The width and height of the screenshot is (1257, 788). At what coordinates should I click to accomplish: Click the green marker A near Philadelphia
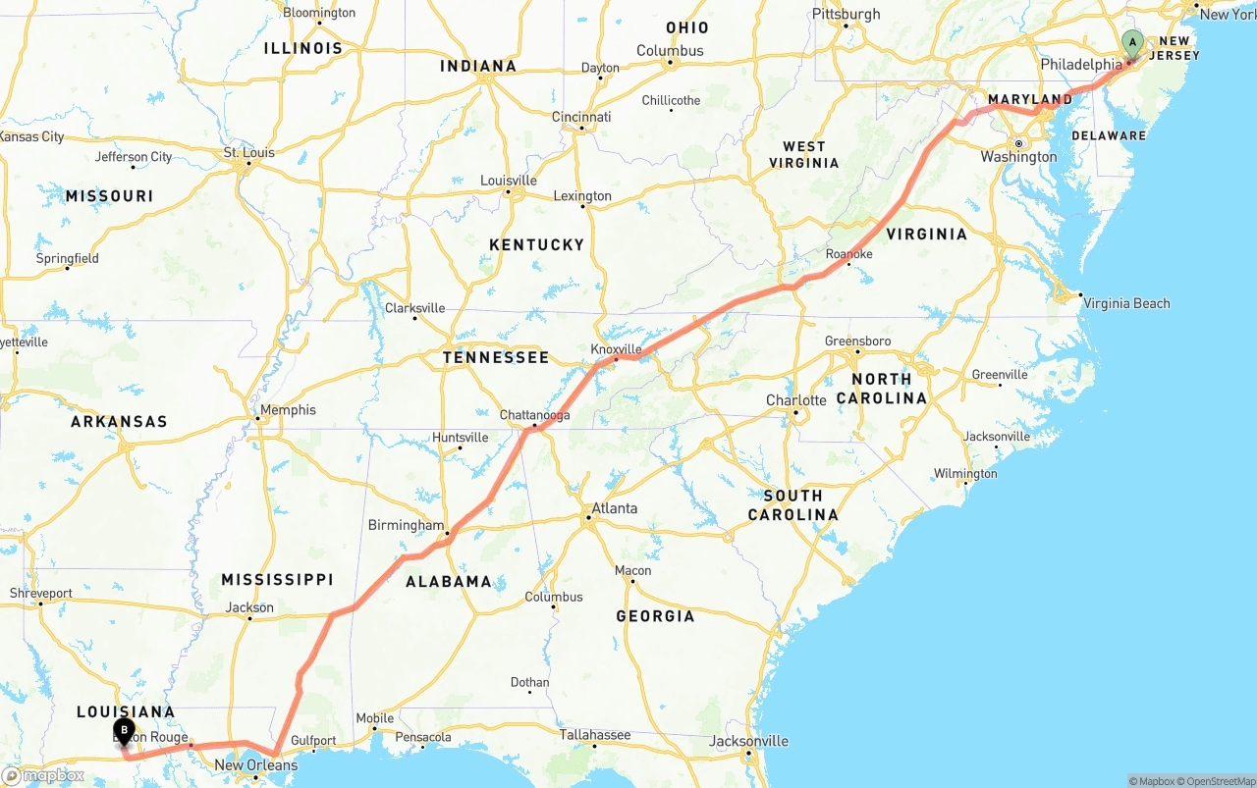tap(1132, 43)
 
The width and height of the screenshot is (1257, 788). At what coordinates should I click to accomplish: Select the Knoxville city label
tap(616, 349)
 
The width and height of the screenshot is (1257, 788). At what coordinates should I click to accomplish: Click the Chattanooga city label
tap(534, 415)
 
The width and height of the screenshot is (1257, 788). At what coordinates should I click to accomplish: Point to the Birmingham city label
tap(406, 525)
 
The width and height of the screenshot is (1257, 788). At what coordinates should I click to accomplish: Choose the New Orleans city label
tap(255, 765)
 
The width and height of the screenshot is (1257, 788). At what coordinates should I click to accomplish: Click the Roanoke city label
tap(848, 254)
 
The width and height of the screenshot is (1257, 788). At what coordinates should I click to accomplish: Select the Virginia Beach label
tap(1126, 303)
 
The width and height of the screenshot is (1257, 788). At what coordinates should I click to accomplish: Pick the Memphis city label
tap(288, 410)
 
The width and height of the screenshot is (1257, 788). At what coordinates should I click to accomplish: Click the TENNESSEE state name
tap(496, 357)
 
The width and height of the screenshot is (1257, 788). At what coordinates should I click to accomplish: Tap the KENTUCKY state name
tap(536, 244)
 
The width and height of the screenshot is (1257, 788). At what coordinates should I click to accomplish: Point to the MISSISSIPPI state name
tap(277, 580)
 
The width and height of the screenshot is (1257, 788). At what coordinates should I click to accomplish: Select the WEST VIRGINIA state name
tap(804, 154)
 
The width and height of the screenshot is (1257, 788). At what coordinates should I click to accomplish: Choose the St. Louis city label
tap(249, 153)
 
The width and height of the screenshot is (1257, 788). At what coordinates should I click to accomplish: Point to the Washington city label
tap(1018, 157)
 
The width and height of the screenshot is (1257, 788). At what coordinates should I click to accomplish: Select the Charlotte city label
tap(796, 400)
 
